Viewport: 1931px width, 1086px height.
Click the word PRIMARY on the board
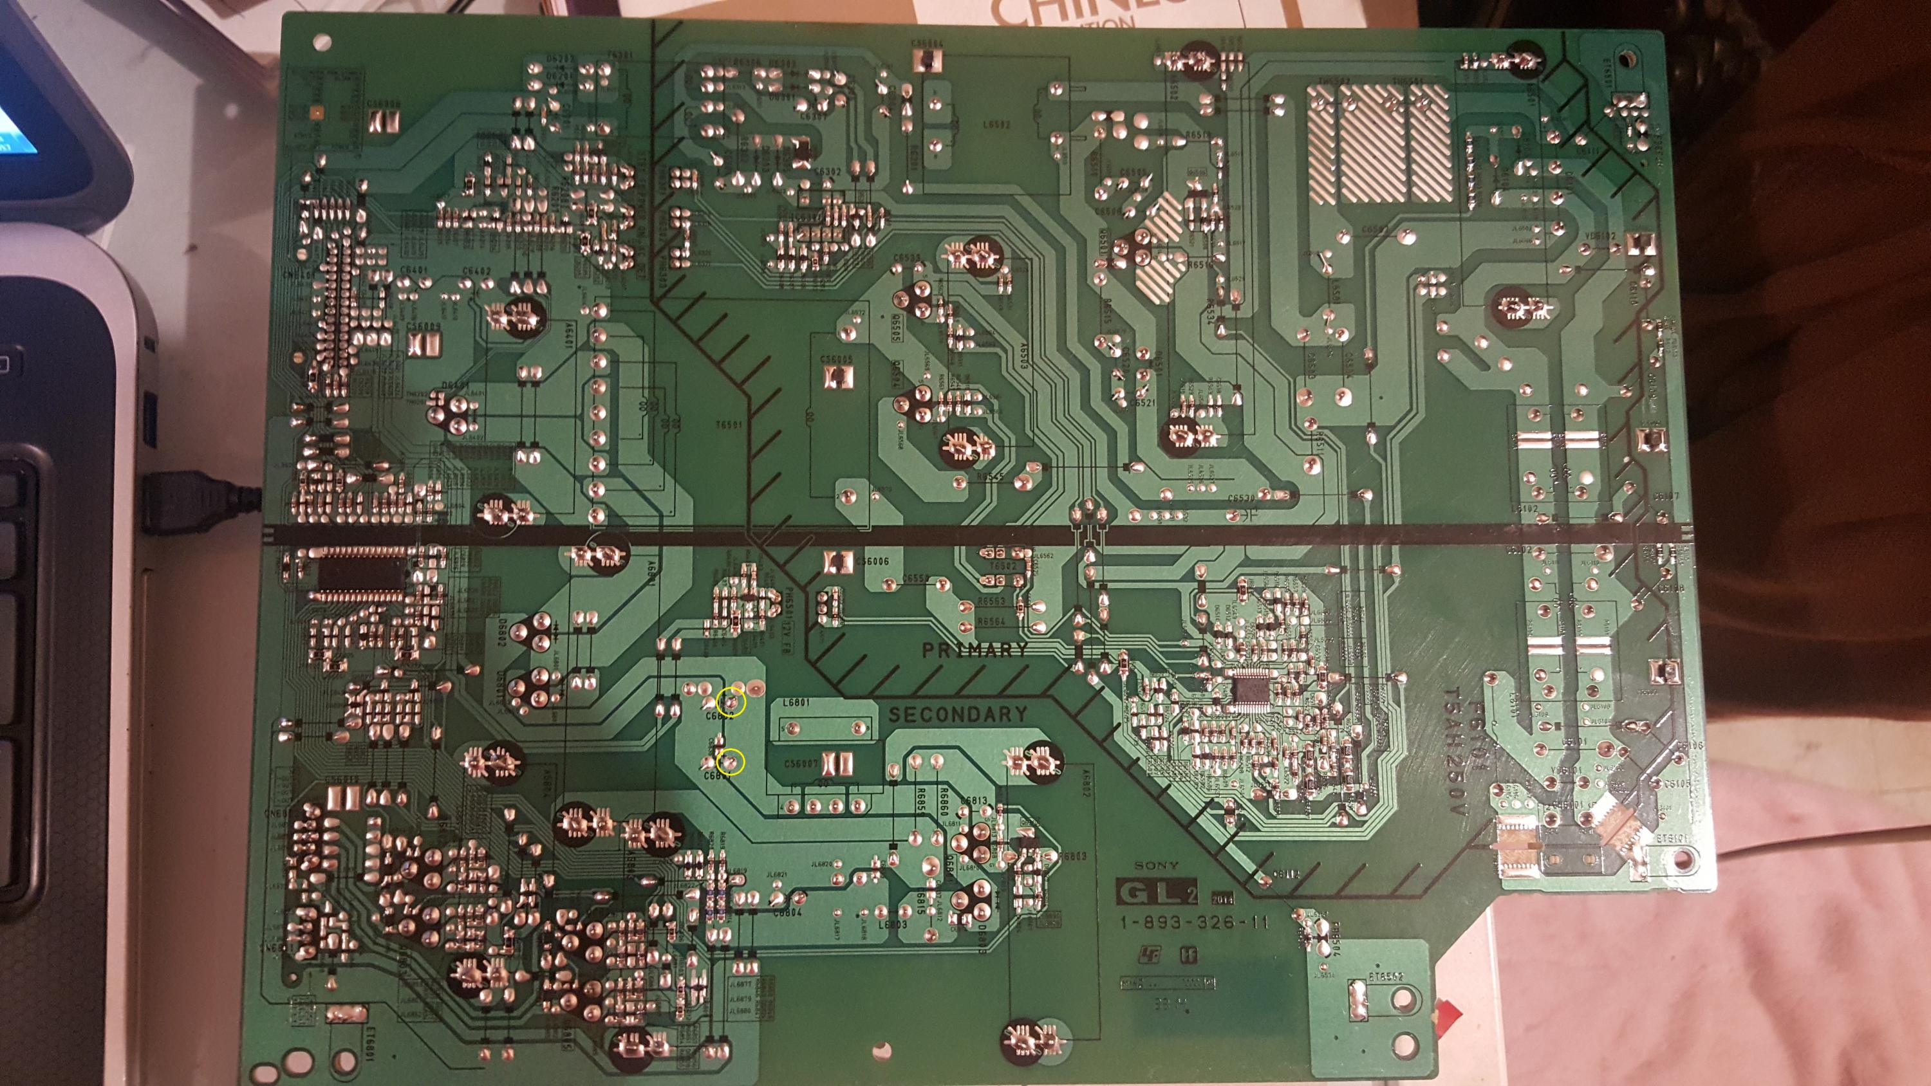click(x=975, y=650)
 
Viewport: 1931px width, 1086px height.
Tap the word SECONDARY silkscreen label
click(x=957, y=714)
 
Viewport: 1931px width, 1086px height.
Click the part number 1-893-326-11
click(x=1193, y=922)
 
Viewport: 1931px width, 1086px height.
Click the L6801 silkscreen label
click(x=796, y=703)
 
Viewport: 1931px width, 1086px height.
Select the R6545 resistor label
click(x=990, y=477)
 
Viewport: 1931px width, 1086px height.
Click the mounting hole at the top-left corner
click(x=323, y=39)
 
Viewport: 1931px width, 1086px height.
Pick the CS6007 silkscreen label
click(x=800, y=763)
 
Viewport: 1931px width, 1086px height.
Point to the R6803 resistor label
click(x=1074, y=856)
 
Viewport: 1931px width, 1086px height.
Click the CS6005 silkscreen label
click(x=837, y=360)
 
